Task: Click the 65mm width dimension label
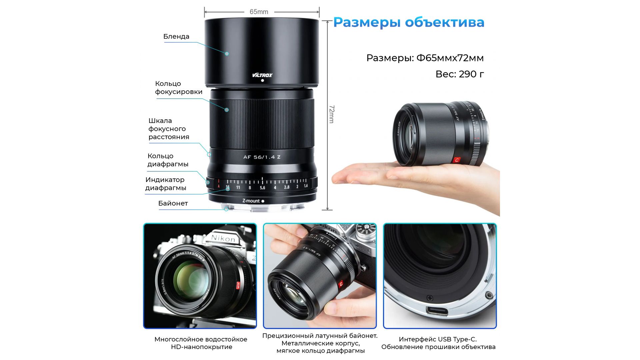point(259,12)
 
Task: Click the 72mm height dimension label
point(331,114)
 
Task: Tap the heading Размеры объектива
point(409,22)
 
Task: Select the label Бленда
point(176,36)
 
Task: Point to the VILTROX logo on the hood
point(262,75)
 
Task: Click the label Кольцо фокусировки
point(179,88)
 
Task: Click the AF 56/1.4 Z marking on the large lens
point(262,157)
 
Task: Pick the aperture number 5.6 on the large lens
point(262,188)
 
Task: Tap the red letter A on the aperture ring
point(219,186)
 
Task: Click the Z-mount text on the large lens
point(251,201)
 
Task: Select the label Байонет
point(173,203)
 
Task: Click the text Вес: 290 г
point(460,74)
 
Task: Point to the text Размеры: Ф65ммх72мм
point(425,58)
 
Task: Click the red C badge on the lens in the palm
point(457,160)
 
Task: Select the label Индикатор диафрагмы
point(165,184)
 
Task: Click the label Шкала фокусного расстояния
point(169,129)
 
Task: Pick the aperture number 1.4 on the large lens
point(306,186)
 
